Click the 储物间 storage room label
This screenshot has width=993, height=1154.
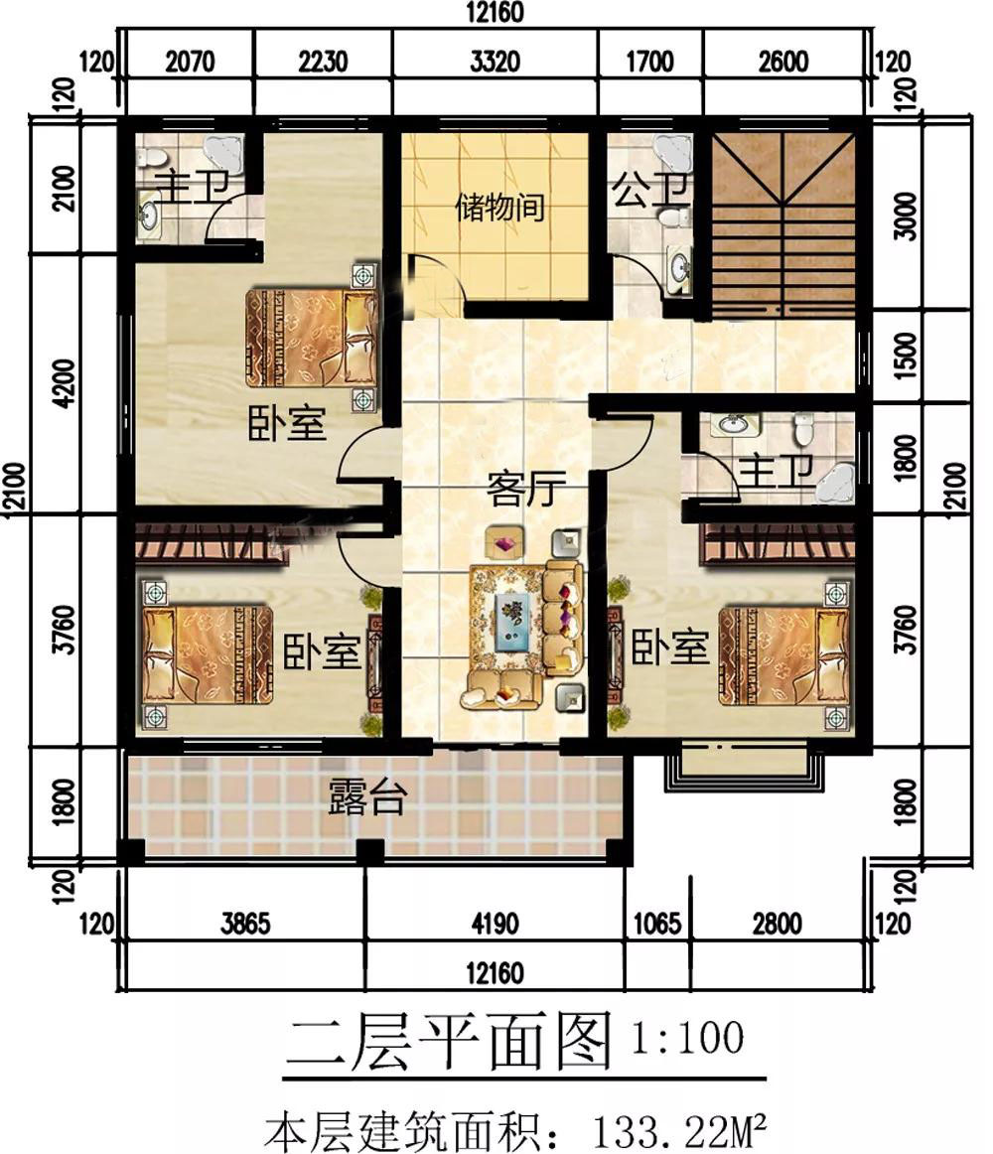pos(499,208)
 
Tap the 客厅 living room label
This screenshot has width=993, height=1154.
pos(525,489)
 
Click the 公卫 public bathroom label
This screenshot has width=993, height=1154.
pos(650,189)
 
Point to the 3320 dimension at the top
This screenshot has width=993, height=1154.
pos(495,62)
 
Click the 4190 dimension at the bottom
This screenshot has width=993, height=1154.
pos(495,923)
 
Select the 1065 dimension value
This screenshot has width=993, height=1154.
pos(657,923)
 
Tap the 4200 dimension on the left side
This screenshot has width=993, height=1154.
pos(65,382)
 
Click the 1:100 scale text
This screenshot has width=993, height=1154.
pos(687,1038)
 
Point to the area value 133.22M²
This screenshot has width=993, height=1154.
pos(680,1132)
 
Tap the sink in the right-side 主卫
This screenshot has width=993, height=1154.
pos(733,424)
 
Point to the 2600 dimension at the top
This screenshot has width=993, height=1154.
pos(783,62)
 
